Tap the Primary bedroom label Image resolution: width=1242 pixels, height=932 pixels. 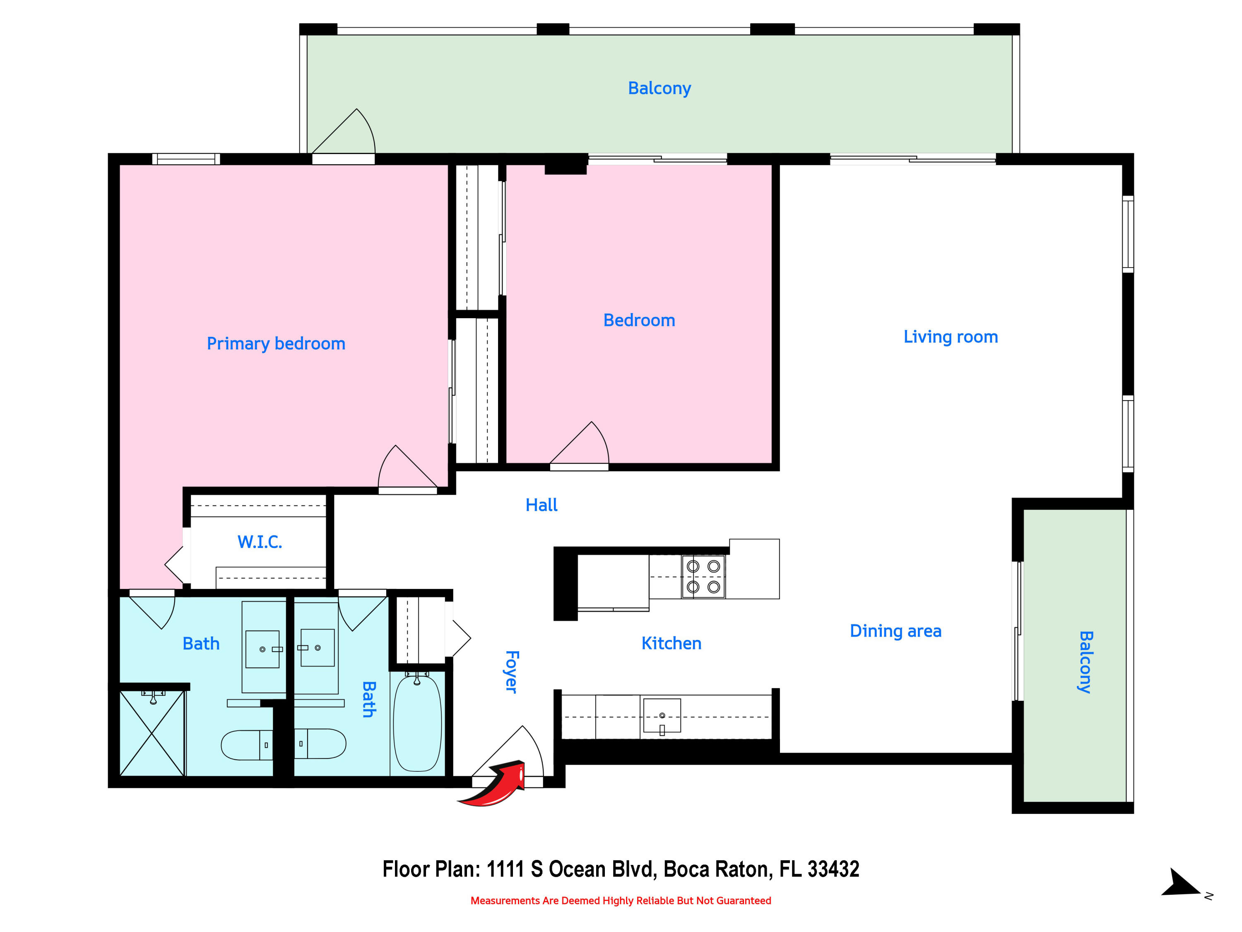276,343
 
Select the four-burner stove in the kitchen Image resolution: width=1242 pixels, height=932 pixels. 703,577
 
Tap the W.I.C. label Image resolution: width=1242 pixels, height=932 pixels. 260,541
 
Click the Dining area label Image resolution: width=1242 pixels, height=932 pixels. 895,630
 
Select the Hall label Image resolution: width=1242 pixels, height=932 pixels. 541,505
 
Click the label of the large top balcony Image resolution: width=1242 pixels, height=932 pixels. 659,88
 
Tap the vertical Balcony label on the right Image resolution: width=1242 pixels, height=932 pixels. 1086,662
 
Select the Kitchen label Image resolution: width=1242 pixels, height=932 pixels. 671,643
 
